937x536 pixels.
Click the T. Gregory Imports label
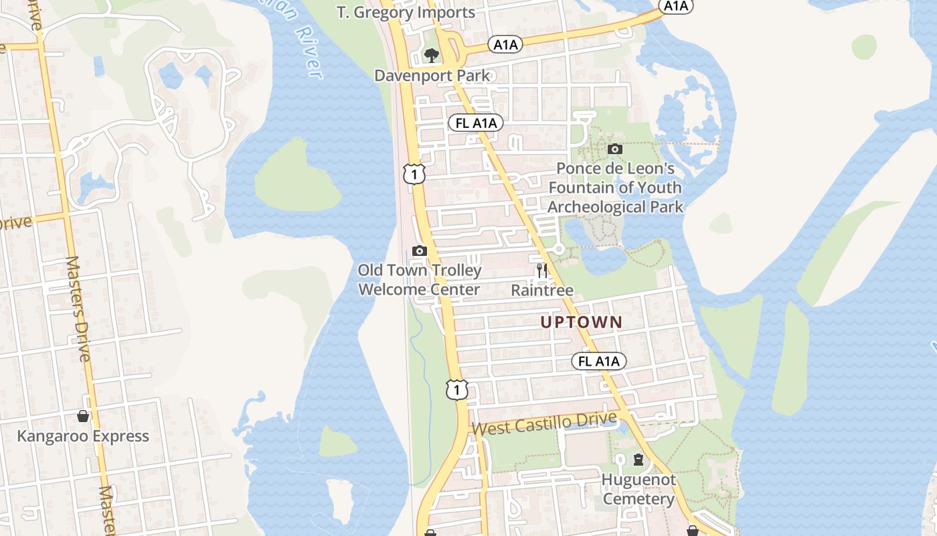[406, 12]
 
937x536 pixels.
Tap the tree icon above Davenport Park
[432, 55]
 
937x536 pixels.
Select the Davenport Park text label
[432, 75]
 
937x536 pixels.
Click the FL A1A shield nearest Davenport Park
[475, 123]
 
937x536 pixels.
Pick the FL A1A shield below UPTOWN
[599, 361]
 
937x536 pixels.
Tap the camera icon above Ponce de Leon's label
[614, 149]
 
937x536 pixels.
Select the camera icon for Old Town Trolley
[420, 251]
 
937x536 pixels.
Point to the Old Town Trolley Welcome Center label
[420, 280]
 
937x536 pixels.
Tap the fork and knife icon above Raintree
[542, 271]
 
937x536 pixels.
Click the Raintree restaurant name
[542, 290]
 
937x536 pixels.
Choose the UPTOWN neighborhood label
[581, 322]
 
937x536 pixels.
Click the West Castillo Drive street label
[544, 423]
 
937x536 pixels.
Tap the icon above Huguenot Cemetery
[638, 460]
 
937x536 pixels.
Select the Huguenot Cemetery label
[638, 490]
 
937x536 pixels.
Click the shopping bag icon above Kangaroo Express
[83, 416]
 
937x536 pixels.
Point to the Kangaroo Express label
[83, 436]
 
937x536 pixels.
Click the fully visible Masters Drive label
[78, 308]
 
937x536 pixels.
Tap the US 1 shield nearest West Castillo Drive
[456, 389]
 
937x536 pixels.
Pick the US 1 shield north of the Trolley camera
[414, 174]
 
